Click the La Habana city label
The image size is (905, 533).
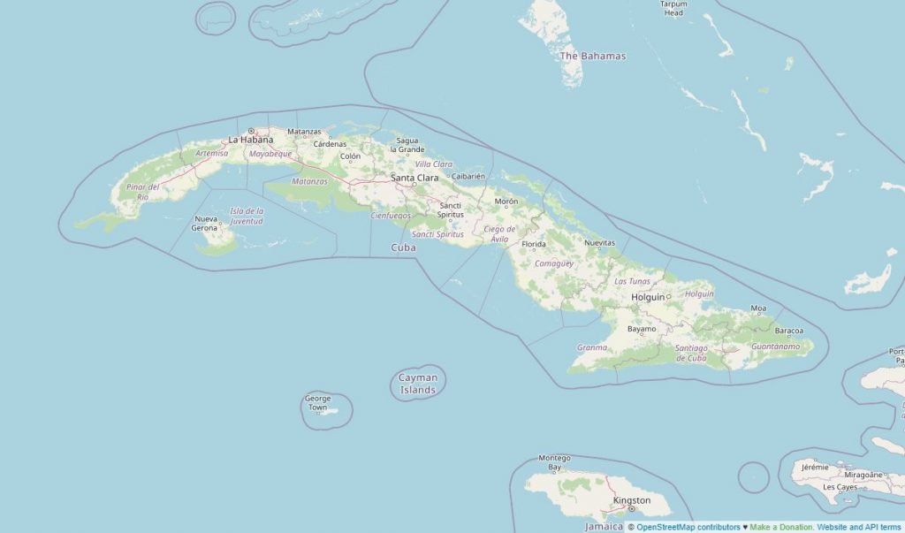pos(250,140)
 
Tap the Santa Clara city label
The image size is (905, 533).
pos(414,178)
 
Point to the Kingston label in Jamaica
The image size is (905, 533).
pos(632,500)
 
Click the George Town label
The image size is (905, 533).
pos(317,403)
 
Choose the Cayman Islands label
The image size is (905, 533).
pos(418,384)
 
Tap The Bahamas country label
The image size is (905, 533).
pos(593,56)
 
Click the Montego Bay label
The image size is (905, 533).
pos(554,462)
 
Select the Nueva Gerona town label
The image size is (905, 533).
pos(205,223)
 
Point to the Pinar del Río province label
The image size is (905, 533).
pos(142,192)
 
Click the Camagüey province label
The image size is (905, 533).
pos(554,263)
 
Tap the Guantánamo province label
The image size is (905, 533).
pos(774,346)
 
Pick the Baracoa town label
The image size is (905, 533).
pos(788,331)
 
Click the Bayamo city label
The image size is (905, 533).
pos(642,329)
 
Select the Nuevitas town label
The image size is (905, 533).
pos(599,242)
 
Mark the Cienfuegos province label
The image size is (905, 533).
pos(391,215)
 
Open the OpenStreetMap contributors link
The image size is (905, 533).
pos(688,527)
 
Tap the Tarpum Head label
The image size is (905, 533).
pos(673,9)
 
